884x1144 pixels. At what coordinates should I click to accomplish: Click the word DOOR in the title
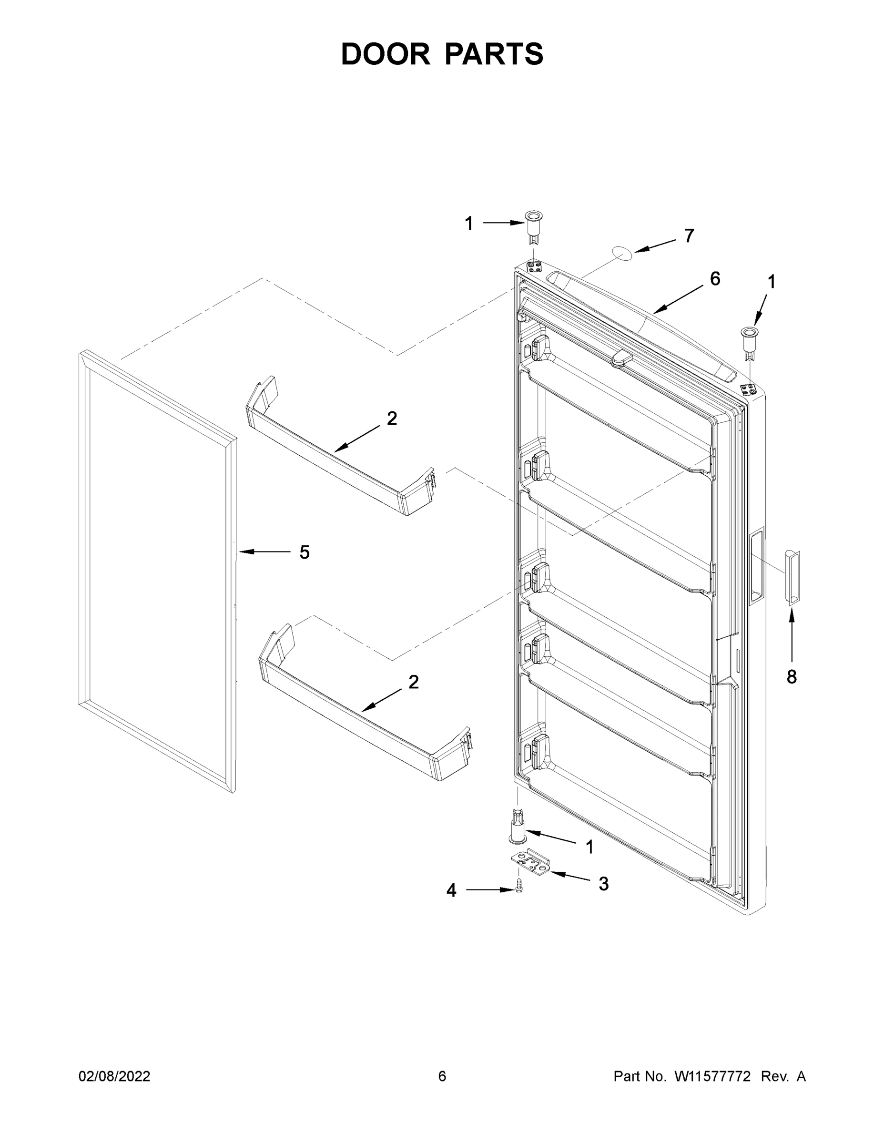(385, 54)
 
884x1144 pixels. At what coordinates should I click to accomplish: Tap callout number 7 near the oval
(689, 236)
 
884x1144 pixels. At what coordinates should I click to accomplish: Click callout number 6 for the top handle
(715, 279)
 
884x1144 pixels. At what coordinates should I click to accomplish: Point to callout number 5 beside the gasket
(304, 552)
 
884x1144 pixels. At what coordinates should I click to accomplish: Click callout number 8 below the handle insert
(791, 677)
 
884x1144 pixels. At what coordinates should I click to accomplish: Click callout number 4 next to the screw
(451, 890)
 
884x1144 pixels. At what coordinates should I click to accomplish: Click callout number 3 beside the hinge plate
(603, 884)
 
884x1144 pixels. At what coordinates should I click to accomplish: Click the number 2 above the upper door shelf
(392, 418)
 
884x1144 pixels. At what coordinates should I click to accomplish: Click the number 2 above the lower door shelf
(413, 682)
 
